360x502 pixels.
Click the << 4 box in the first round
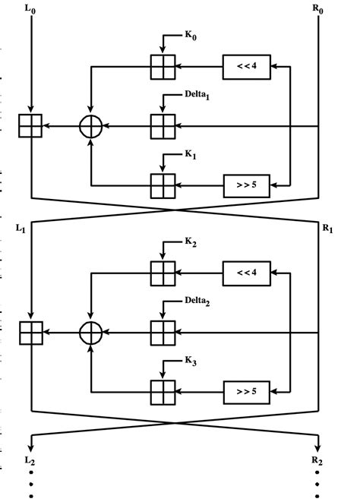tap(246, 67)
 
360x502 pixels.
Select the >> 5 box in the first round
tap(246, 185)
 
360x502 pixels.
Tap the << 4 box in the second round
tap(246, 273)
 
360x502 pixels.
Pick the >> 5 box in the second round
tap(246, 391)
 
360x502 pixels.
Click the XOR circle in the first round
tap(91, 126)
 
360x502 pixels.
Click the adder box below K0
tap(163, 67)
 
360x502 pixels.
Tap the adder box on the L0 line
tap(30, 126)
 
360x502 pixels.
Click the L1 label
tap(21, 228)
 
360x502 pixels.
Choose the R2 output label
tap(317, 460)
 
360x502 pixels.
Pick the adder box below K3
tap(163, 391)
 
